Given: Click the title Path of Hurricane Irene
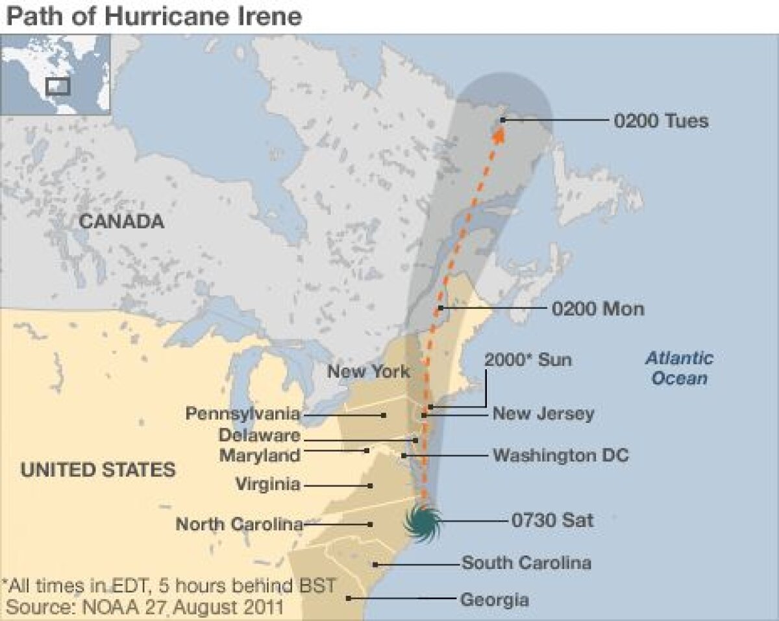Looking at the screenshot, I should (154, 16).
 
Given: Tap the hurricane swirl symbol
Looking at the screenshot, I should (423, 521).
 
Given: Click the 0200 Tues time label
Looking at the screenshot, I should (661, 121).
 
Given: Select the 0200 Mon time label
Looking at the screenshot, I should (597, 308).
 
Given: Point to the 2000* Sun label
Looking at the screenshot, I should (528, 359).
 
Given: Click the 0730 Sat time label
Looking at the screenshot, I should (552, 520).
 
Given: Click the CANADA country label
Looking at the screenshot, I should (121, 222).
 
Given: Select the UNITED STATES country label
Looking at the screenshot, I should (98, 470).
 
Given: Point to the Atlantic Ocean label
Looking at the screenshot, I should (679, 368).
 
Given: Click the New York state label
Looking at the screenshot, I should (368, 372).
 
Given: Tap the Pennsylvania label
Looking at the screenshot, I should (243, 413).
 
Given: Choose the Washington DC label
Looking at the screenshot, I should (560, 455).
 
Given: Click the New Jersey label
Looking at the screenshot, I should (543, 413).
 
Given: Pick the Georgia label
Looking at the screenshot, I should (494, 600).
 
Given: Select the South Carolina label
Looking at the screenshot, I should (526, 563).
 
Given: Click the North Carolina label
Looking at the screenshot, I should (240, 524).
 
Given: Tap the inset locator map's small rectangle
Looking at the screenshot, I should (58, 86).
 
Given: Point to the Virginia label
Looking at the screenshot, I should (267, 484).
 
